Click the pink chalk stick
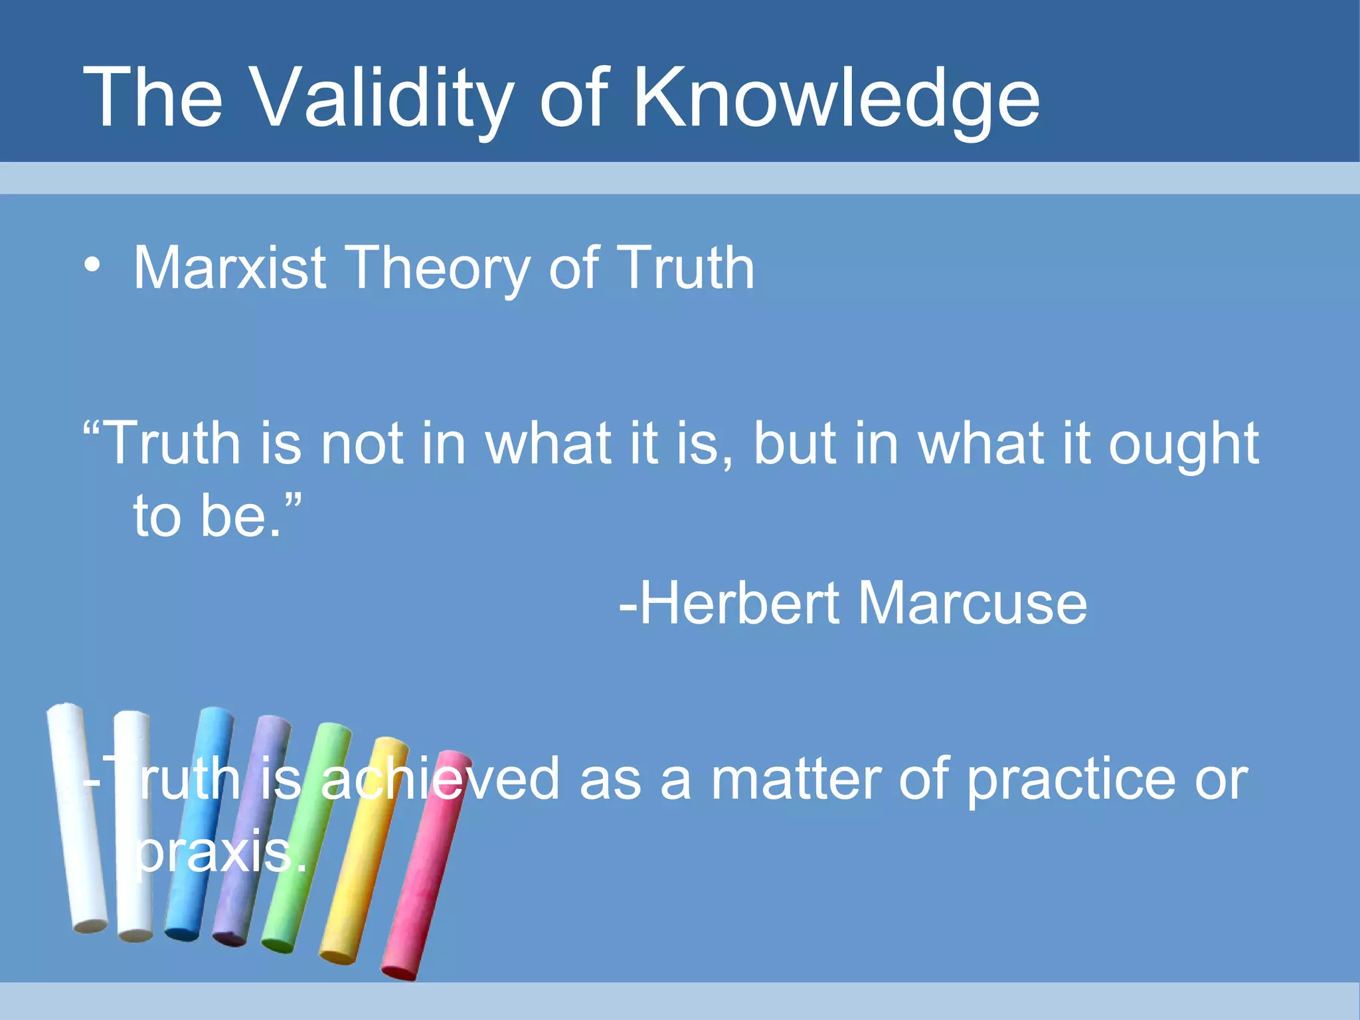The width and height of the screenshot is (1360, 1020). point(425,863)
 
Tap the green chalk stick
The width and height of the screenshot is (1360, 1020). point(305,837)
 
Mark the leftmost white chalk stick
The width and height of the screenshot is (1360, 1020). point(77,817)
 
